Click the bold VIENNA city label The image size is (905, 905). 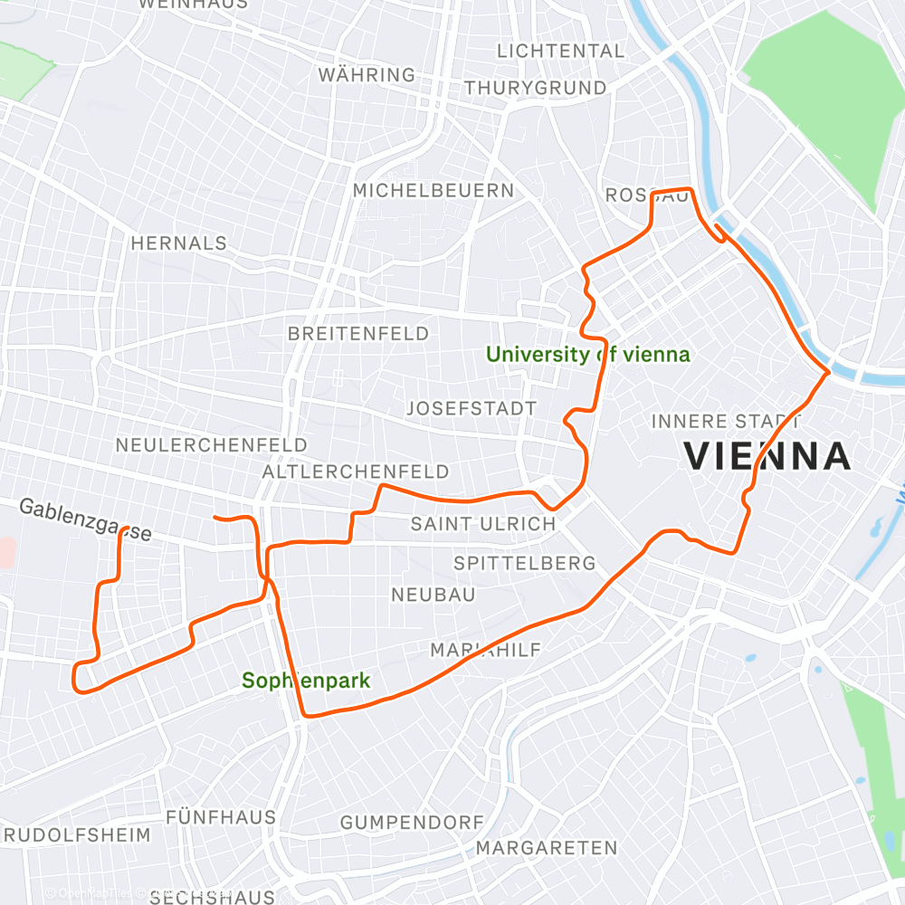(767, 457)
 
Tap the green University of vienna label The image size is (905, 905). (588, 355)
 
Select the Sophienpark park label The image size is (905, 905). (306, 681)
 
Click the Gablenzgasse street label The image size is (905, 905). (85, 520)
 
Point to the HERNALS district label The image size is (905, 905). (179, 243)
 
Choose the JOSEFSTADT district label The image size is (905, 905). (472, 408)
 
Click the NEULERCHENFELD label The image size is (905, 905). (212, 445)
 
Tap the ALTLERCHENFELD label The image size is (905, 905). (356, 472)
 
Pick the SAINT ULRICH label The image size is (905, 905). (483, 524)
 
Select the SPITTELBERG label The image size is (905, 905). (525, 563)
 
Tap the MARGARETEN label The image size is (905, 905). (547, 848)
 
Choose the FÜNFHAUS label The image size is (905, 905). (221, 817)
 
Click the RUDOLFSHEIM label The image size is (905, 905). (76, 834)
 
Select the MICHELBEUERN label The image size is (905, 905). (433, 191)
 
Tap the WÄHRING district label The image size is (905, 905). (367, 75)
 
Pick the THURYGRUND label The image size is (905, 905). (536, 88)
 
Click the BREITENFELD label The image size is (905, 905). (358, 334)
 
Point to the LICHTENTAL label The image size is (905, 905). (561, 51)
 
